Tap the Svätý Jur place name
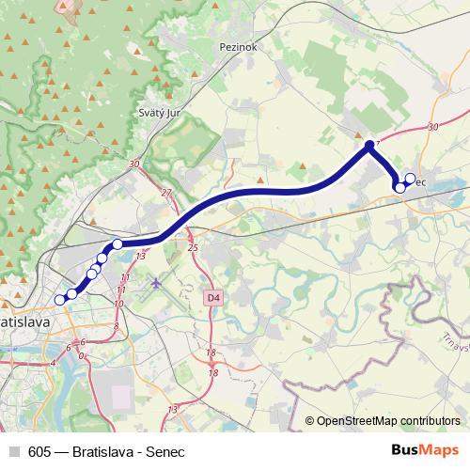tap(159, 111)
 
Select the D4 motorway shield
tap(213, 297)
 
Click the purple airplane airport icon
tap(156, 281)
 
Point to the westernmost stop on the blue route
tap(60, 300)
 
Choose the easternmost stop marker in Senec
tap(409, 179)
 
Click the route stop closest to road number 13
tap(118, 244)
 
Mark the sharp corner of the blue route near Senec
tap(369, 146)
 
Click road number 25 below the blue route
tap(194, 247)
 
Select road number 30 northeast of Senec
tap(432, 126)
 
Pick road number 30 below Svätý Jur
tap(136, 164)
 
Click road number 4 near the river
tap(54, 361)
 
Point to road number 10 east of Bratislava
tap(118, 305)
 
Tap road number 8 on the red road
tap(116, 326)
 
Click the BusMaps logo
tap(425, 450)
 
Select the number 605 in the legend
tap(39, 450)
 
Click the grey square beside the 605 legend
tap(13, 450)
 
